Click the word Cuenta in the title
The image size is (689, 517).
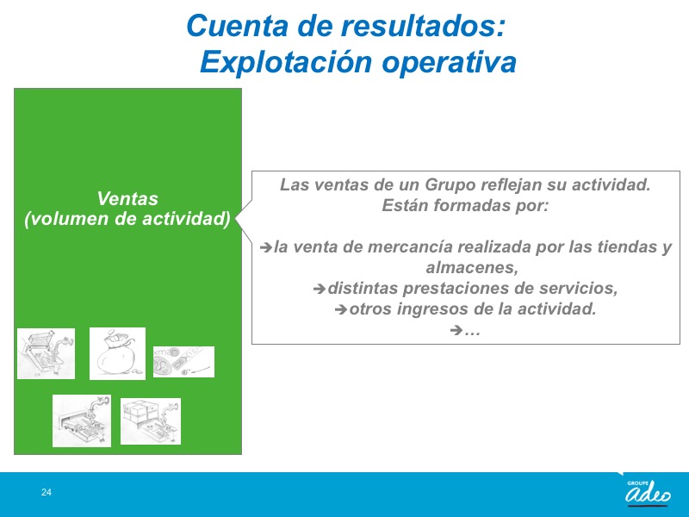[x=238, y=26]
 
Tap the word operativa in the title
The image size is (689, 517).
[x=449, y=62]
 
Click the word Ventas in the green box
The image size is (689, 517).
[x=127, y=199]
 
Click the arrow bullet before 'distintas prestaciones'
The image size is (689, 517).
[x=320, y=289]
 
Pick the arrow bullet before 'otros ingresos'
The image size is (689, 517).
[x=341, y=309]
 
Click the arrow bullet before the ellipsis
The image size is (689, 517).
[x=456, y=330]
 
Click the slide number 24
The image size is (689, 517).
[x=47, y=492]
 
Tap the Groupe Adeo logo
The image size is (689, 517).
[x=648, y=491]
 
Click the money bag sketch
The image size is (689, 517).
[x=117, y=353]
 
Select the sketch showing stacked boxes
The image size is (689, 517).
[x=151, y=421]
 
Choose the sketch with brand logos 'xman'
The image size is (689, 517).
[x=183, y=362]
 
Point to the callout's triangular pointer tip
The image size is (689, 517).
[x=236, y=219]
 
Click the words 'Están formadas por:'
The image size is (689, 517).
[x=465, y=205]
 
